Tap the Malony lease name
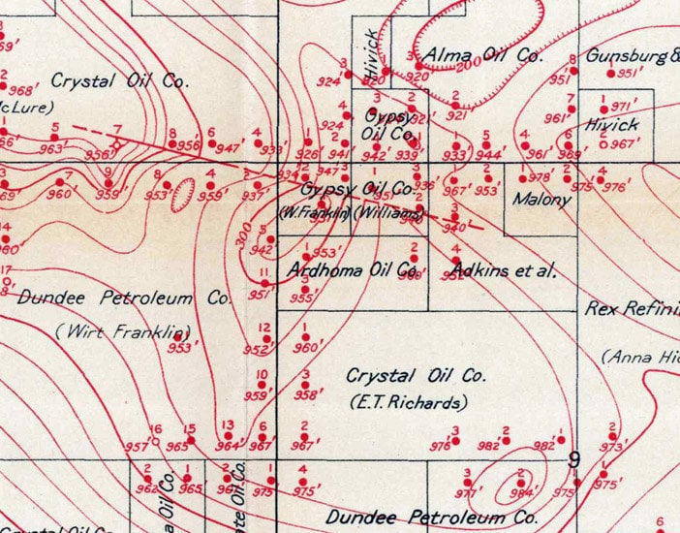tap(541, 201)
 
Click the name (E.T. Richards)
tap(409, 401)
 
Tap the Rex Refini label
tap(632, 309)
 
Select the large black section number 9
tap(573, 459)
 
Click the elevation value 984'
tap(528, 491)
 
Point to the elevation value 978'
tap(539, 177)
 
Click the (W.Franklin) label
tap(314, 213)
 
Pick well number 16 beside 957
tap(153, 429)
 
